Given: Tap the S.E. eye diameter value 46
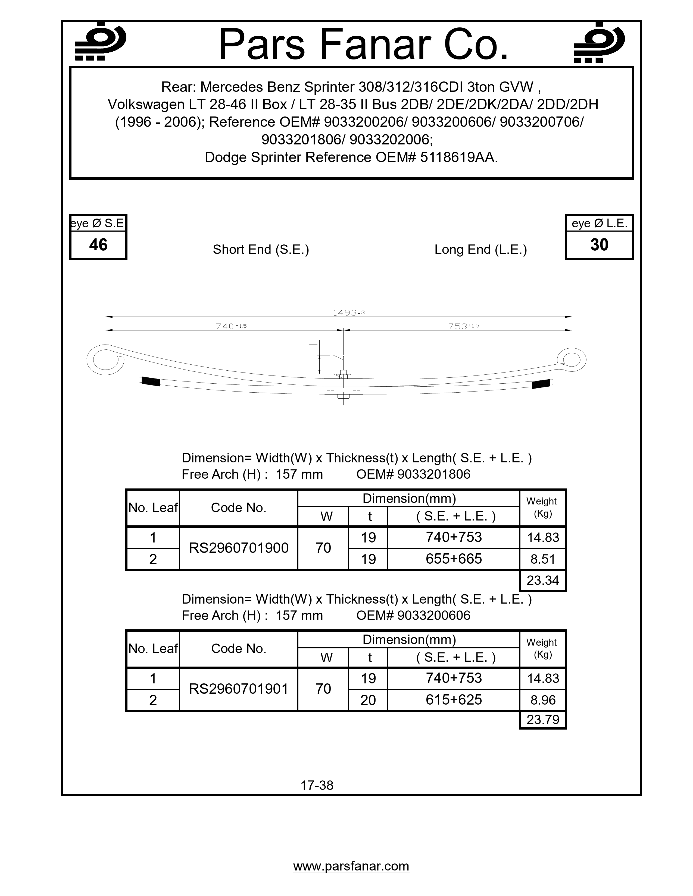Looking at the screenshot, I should [98, 245].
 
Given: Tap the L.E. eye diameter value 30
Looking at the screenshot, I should [599, 245].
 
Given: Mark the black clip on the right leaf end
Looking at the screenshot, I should [541, 384].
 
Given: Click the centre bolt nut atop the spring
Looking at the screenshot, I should [344, 374].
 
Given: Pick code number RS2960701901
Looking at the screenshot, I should [239, 689].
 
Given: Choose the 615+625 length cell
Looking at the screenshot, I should [454, 699].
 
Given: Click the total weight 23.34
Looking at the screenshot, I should [543, 580].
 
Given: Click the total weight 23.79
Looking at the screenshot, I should [543, 720].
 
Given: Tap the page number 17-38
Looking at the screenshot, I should [317, 785].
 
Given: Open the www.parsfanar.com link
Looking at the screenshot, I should [351, 866].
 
